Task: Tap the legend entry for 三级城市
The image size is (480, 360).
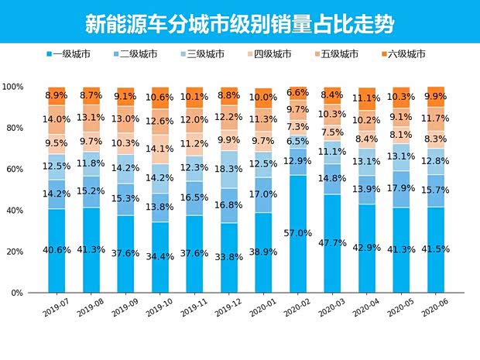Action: (x=205, y=54)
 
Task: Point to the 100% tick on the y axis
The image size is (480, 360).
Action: (x=12, y=87)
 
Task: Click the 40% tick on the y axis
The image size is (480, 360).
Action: (x=15, y=211)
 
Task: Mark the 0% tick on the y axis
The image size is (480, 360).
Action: (x=17, y=293)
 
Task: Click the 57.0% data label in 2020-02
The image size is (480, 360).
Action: (x=299, y=233)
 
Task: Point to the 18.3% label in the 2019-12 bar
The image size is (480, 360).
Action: (x=230, y=168)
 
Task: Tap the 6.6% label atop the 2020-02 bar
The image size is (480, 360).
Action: (x=299, y=92)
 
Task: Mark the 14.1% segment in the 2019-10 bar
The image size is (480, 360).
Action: (x=160, y=149)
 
